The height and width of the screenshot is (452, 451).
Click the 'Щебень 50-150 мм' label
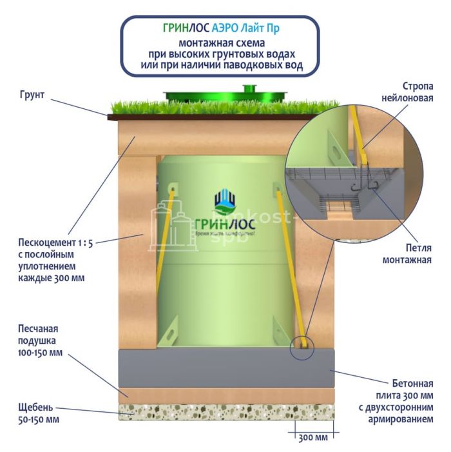[35, 413]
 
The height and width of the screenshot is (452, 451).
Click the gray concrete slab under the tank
[225, 368]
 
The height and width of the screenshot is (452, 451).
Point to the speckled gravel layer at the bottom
[225, 412]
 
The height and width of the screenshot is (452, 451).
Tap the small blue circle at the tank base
[300, 349]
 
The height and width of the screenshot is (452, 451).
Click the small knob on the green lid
[247, 88]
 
